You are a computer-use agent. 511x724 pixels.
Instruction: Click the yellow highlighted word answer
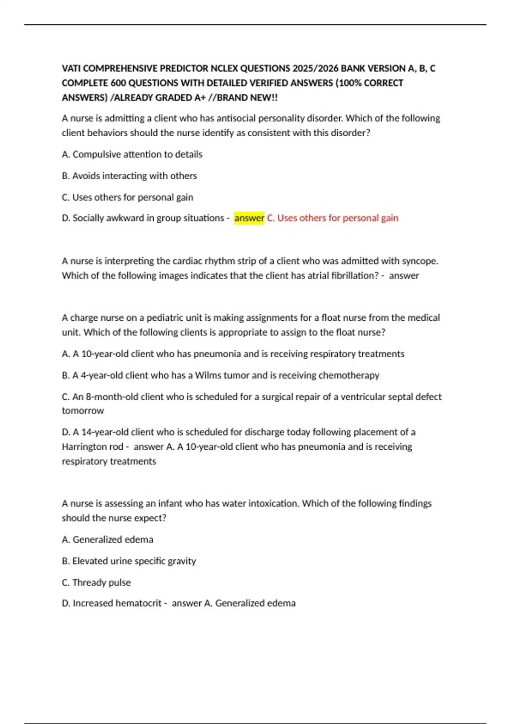click(x=249, y=218)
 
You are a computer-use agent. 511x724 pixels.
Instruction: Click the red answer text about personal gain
click(x=333, y=218)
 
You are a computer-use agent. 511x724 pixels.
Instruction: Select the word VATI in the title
click(x=71, y=69)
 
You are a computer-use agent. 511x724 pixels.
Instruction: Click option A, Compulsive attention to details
click(x=132, y=154)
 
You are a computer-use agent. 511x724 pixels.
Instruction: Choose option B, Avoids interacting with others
click(x=129, y=176)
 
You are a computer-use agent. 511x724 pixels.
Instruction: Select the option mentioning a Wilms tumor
click(x=221, y=375)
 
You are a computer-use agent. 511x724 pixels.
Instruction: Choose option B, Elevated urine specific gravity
click(x=129, y=561)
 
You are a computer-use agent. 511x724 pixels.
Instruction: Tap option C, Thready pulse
click(x=96, y=583)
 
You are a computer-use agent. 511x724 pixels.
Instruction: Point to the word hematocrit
click(x=138, y=603)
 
